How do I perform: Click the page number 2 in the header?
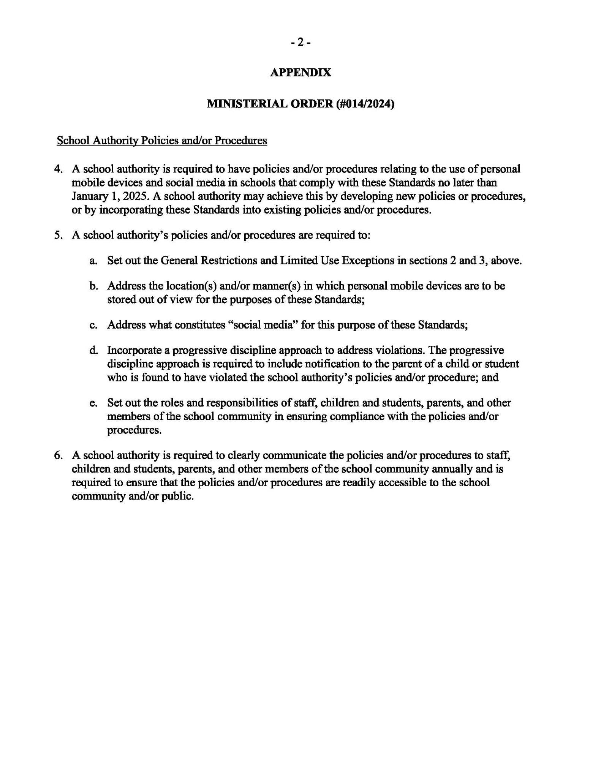click(300, 43)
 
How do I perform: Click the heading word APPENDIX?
click(300, 72)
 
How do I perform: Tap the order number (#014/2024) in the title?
click(365, 104)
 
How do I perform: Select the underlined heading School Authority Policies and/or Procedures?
click(162, 141)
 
